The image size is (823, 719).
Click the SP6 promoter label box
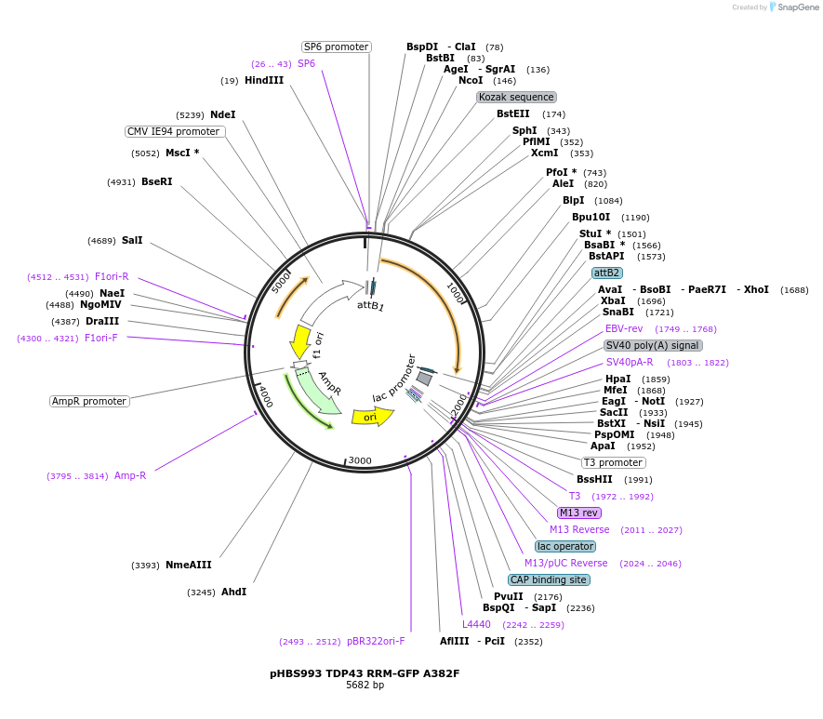(337, 47)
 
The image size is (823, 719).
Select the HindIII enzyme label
(264, 81)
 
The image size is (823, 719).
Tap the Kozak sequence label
(517, 97)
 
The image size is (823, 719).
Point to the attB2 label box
(607, 273)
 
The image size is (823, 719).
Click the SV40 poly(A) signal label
(653, 345)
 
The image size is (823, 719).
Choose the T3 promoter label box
(614, 462)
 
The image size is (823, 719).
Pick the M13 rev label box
(579, 513)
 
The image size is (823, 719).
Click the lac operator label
(565, 546)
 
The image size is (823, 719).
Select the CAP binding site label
(549, 579)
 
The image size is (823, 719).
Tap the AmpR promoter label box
(89, 401)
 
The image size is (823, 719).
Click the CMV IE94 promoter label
(175, 131)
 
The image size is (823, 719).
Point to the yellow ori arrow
(371, 416)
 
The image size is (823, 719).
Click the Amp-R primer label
(130, 475)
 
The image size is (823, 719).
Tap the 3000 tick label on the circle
(360, 460)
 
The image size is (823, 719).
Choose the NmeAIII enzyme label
(189, 565)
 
